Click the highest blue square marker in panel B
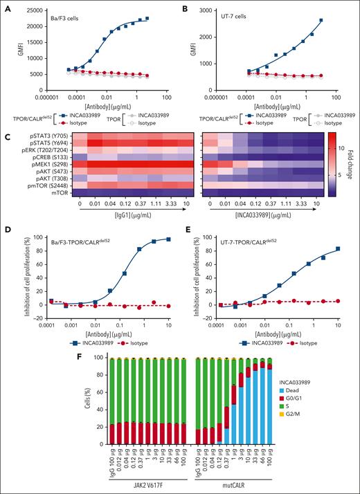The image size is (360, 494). (340, 21)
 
